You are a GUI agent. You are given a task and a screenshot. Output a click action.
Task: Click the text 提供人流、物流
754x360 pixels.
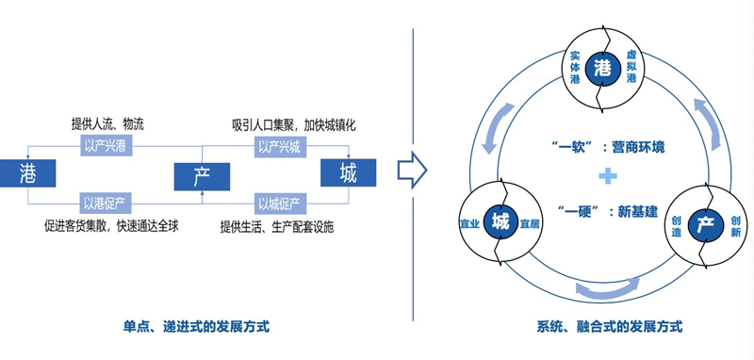(107, 123)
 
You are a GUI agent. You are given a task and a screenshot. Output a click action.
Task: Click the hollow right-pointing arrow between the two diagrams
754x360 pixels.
(413, 172)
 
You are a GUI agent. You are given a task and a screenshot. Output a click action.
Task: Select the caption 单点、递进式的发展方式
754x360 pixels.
(202, 326)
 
